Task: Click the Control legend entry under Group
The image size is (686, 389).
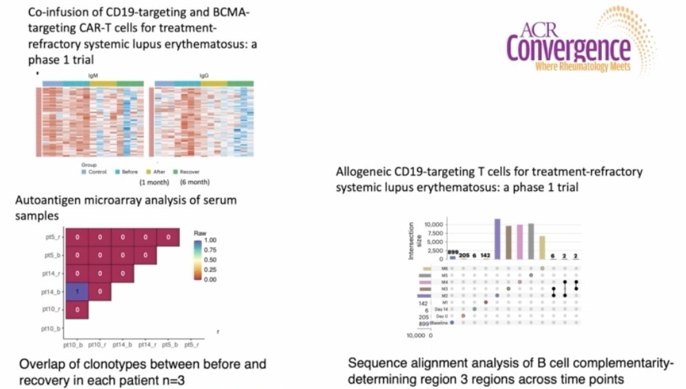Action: (96, 172)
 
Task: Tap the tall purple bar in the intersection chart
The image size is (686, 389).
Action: (497, 239)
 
